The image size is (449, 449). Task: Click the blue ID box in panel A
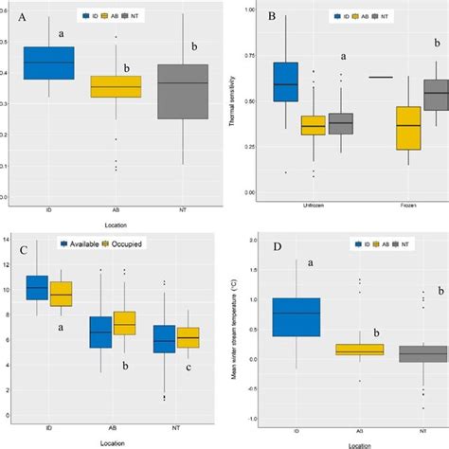tap(48, 63)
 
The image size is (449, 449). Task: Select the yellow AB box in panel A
tap(115, 86)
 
